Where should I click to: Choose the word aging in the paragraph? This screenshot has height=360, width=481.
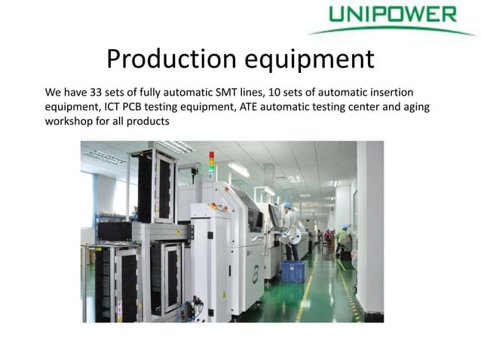pos(413,106)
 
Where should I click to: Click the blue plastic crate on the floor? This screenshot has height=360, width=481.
pos(293,270)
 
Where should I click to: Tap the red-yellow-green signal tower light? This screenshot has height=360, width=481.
pos(212,163)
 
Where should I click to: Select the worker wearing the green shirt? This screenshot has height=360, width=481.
pos(344,239)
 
